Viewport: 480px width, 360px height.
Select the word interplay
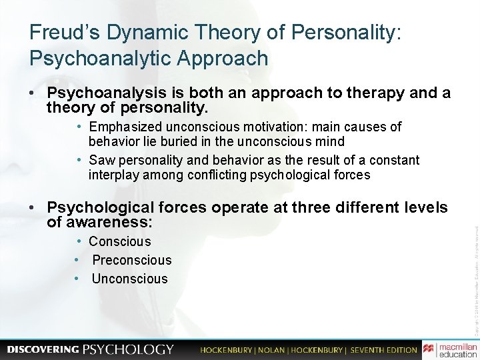click(x=113, y=175)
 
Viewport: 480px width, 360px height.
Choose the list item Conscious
click(x=120, y=241)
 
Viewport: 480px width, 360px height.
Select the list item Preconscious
click(x=132, y=260)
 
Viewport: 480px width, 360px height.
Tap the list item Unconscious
click(x=130, y=279)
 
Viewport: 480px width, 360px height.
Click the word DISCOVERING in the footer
click(x=42, y=349)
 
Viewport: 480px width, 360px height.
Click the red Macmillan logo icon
click(x=429, y=349)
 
